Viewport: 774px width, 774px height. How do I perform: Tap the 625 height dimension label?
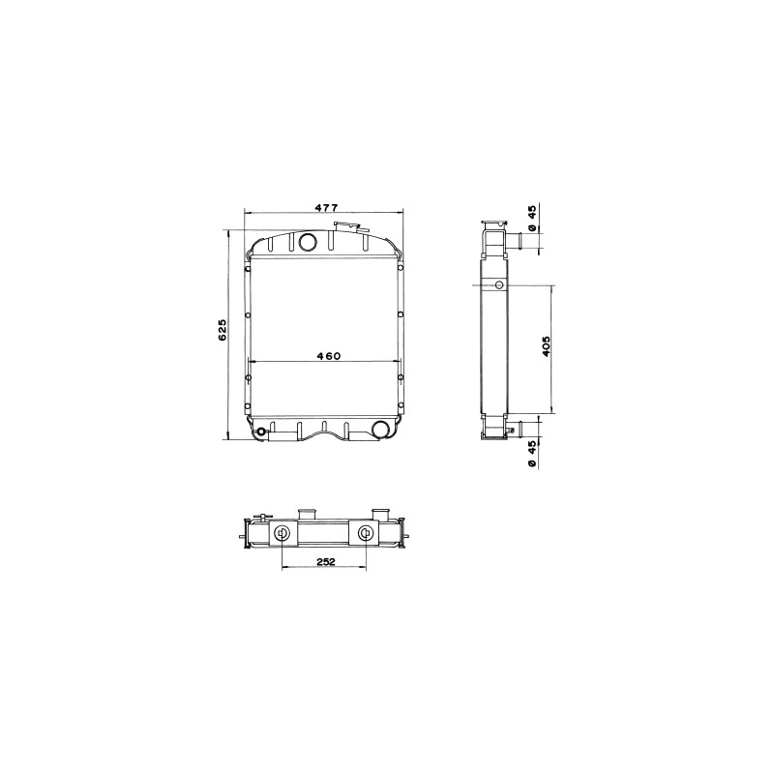[222, 329]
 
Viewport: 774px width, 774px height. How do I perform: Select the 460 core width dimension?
[329, 355]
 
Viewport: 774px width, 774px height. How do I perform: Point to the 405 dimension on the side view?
[546, 346]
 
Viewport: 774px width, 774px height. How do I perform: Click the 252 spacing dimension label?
[325, 561]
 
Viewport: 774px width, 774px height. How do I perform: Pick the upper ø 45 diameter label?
[531, 219]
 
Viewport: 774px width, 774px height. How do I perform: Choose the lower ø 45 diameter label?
[531, 455]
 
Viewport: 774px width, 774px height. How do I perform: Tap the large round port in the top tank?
[309, 241]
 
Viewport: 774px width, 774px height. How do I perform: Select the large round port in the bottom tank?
[380, 430]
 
